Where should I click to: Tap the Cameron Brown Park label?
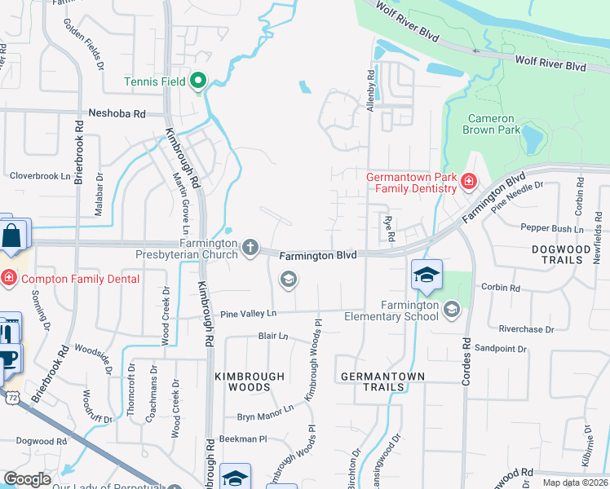click(x=491, y=123)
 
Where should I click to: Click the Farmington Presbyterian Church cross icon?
click(x=250, y=246)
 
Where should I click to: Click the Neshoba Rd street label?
click(x=116, y=114)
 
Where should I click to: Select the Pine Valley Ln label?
click(x=249, y=313)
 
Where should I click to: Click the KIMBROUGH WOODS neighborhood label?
click(x=250, y=382)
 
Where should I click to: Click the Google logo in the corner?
click(x=27, y=479)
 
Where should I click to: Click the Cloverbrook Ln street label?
click(x=40, y=175)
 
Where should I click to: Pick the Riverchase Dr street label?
click(x=526, y=329)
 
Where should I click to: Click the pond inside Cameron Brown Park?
click(x=532, y=138)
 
